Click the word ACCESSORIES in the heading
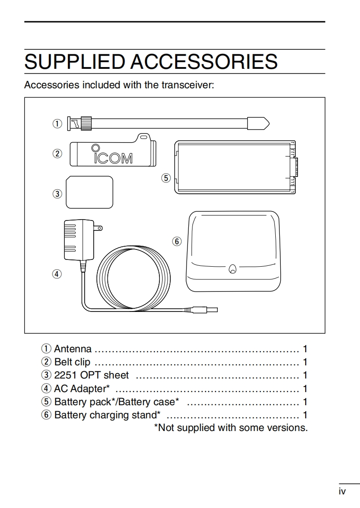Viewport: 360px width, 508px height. tap(204, 62)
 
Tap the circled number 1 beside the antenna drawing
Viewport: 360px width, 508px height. tap(57, 123)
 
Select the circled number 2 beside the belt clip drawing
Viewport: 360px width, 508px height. tap(57, 153)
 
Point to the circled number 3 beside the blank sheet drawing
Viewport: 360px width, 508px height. tap(57, 194)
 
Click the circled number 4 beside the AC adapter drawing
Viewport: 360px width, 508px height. tap(57, 274)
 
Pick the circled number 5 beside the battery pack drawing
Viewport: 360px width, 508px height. tap(166, 178)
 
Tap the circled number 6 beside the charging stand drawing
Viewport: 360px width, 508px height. tap(177, 241)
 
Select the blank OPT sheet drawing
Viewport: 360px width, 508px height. tap(89, 192)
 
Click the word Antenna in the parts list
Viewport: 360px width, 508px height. tap(72, 349)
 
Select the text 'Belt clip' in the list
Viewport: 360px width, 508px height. tap(72, 362)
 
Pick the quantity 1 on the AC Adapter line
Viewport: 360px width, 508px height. tap(305, 388)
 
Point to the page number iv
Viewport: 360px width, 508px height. tap(342, 491)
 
